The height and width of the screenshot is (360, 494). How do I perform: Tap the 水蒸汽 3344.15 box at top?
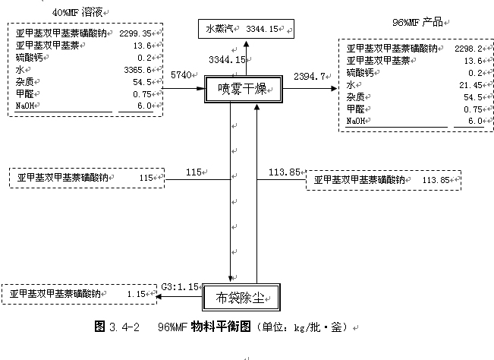tap(244, 29)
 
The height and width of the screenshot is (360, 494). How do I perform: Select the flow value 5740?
tap(181, 75)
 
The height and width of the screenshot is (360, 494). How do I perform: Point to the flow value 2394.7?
tap(310, 76)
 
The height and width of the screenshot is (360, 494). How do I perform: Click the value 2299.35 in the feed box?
tap(135, 33)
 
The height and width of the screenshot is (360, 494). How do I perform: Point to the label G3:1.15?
tap(180, 286)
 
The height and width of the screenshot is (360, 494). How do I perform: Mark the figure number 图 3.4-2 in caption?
tap(118, 327)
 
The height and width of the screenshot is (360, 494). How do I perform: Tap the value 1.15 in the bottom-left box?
tap(136, 293)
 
